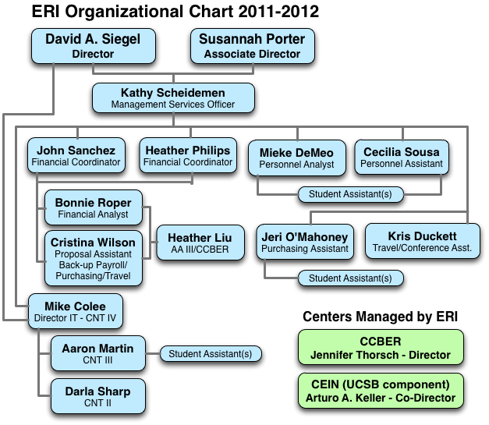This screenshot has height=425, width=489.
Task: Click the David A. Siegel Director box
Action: (93, 46)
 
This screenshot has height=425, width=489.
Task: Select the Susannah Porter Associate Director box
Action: (252, 46)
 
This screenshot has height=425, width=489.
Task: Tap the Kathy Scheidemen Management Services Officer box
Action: (172, 97)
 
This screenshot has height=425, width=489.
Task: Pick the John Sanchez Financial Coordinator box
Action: (76, 156)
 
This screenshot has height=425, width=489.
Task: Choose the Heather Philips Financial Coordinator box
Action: (187, 156)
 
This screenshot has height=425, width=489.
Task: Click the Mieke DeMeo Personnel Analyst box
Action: (296, 158)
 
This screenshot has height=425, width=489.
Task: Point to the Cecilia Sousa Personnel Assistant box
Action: (402, 158)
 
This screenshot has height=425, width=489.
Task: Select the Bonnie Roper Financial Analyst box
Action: (93, 208)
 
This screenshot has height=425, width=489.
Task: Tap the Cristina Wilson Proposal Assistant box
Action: (93, 253)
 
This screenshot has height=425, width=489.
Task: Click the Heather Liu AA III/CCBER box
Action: (200, 243)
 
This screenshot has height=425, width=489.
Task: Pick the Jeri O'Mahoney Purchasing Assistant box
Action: (304, 243)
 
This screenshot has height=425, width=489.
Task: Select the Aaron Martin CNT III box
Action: (97, 354)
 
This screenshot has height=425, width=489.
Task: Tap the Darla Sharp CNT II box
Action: (97, 397)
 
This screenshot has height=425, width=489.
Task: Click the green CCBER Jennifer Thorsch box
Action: (381, 349)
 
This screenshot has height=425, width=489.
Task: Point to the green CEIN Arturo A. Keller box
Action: (381, 391)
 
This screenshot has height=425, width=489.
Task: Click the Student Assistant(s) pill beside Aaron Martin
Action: (210, 354)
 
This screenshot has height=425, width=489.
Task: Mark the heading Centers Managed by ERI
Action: (380, 316)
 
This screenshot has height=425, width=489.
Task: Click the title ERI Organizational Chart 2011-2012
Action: (175, 12)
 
